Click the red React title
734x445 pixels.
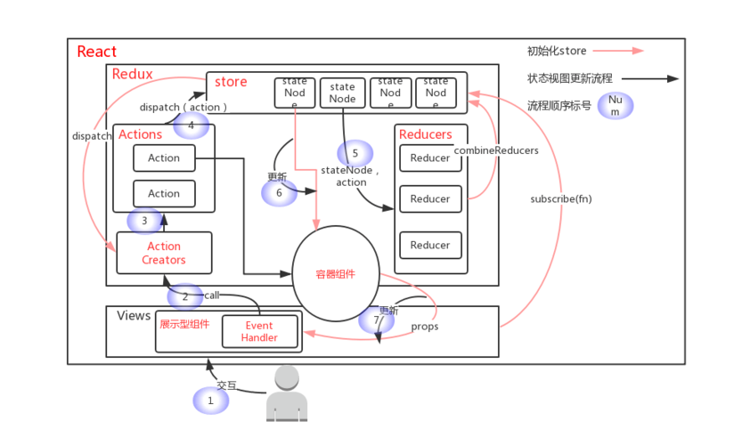tap(96, 52)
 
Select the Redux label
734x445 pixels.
tap(132, 74)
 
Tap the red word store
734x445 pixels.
tap(231, 83)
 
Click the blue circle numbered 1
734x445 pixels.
tap(211, 400)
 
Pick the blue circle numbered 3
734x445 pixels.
tap(145, 220)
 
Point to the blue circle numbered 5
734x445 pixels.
tap(355, 153)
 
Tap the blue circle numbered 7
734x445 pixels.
tap(377, 318)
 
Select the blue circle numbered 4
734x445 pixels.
tap(191, 125)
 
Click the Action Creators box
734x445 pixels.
tap(164, 253)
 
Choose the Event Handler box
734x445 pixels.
tap(259, 331)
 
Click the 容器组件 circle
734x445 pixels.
tap(335, 274)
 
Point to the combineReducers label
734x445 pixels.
tap(496, 150)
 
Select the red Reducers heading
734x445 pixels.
tap(426, 134)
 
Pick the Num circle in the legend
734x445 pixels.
tap(615, 106)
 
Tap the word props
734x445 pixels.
tap(424, 327)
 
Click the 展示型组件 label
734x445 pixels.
tap(184, 324)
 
